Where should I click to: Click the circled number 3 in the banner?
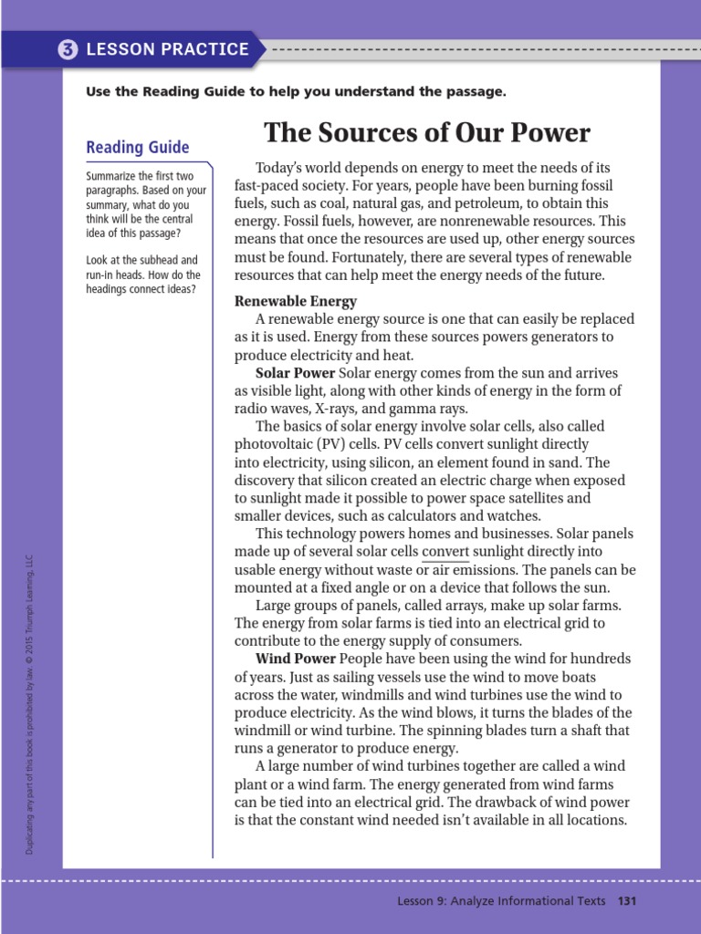point(68,49)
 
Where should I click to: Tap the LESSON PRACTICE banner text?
point(167,49)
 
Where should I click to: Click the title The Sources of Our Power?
point(427,133)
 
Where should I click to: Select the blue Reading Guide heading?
point(137,148)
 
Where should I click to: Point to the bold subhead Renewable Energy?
point(296,301)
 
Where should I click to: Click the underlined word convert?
point(445,552)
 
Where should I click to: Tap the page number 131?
point(626,901)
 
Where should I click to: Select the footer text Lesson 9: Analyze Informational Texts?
point(501,901)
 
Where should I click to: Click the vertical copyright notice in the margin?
point(30,703)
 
